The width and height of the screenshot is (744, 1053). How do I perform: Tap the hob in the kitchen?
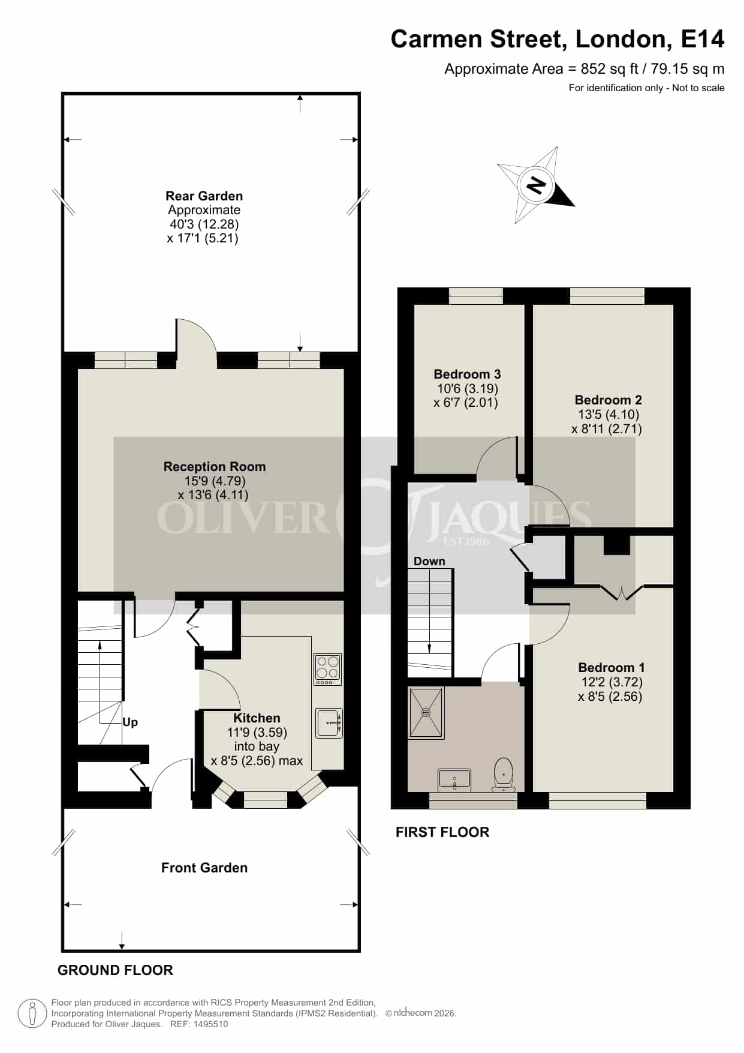328,670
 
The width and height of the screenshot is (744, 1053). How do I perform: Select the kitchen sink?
329,723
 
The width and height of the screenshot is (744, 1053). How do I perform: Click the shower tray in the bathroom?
426,712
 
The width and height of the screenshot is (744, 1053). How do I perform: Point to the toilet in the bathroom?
504,775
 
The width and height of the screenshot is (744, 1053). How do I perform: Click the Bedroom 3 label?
467,374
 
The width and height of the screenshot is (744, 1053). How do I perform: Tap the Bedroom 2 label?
608,400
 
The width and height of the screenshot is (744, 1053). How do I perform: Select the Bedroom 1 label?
611,667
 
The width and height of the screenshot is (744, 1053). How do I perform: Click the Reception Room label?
215,466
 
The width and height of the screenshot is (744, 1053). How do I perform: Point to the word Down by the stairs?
429,561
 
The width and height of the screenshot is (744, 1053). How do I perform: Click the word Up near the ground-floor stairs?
130,722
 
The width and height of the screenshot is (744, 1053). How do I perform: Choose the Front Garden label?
204,868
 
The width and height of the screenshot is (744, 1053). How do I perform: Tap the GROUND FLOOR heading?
115,970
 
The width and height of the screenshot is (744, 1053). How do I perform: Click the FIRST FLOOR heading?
442,832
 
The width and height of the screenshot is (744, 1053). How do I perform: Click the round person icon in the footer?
32,1014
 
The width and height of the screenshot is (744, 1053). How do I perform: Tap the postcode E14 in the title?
703,39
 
